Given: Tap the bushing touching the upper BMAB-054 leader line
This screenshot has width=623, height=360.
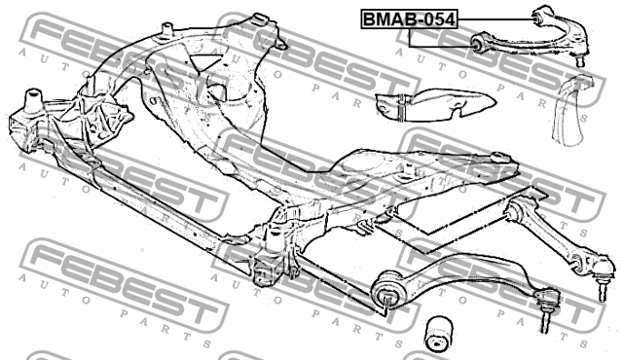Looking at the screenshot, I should pos(543,14).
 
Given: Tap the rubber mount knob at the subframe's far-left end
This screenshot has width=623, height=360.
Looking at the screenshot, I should pos(32,97).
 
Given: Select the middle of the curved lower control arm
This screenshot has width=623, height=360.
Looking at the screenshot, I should pos(458,268).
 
